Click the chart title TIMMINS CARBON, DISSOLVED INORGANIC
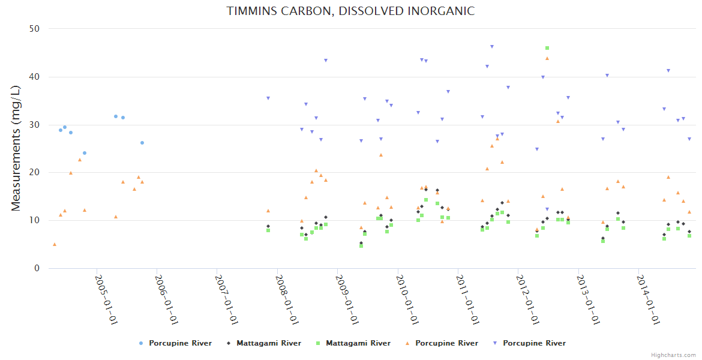coord(350,11)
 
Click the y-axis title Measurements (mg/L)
coord(16,148)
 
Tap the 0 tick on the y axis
coord(37,268)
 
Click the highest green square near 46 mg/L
coord(547,48)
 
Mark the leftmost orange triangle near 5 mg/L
coord(55,244)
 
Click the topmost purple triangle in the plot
coord(492,46)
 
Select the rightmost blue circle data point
coord(142,143)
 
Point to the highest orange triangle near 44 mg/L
coord(547,58)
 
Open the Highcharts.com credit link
coord(673,355)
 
